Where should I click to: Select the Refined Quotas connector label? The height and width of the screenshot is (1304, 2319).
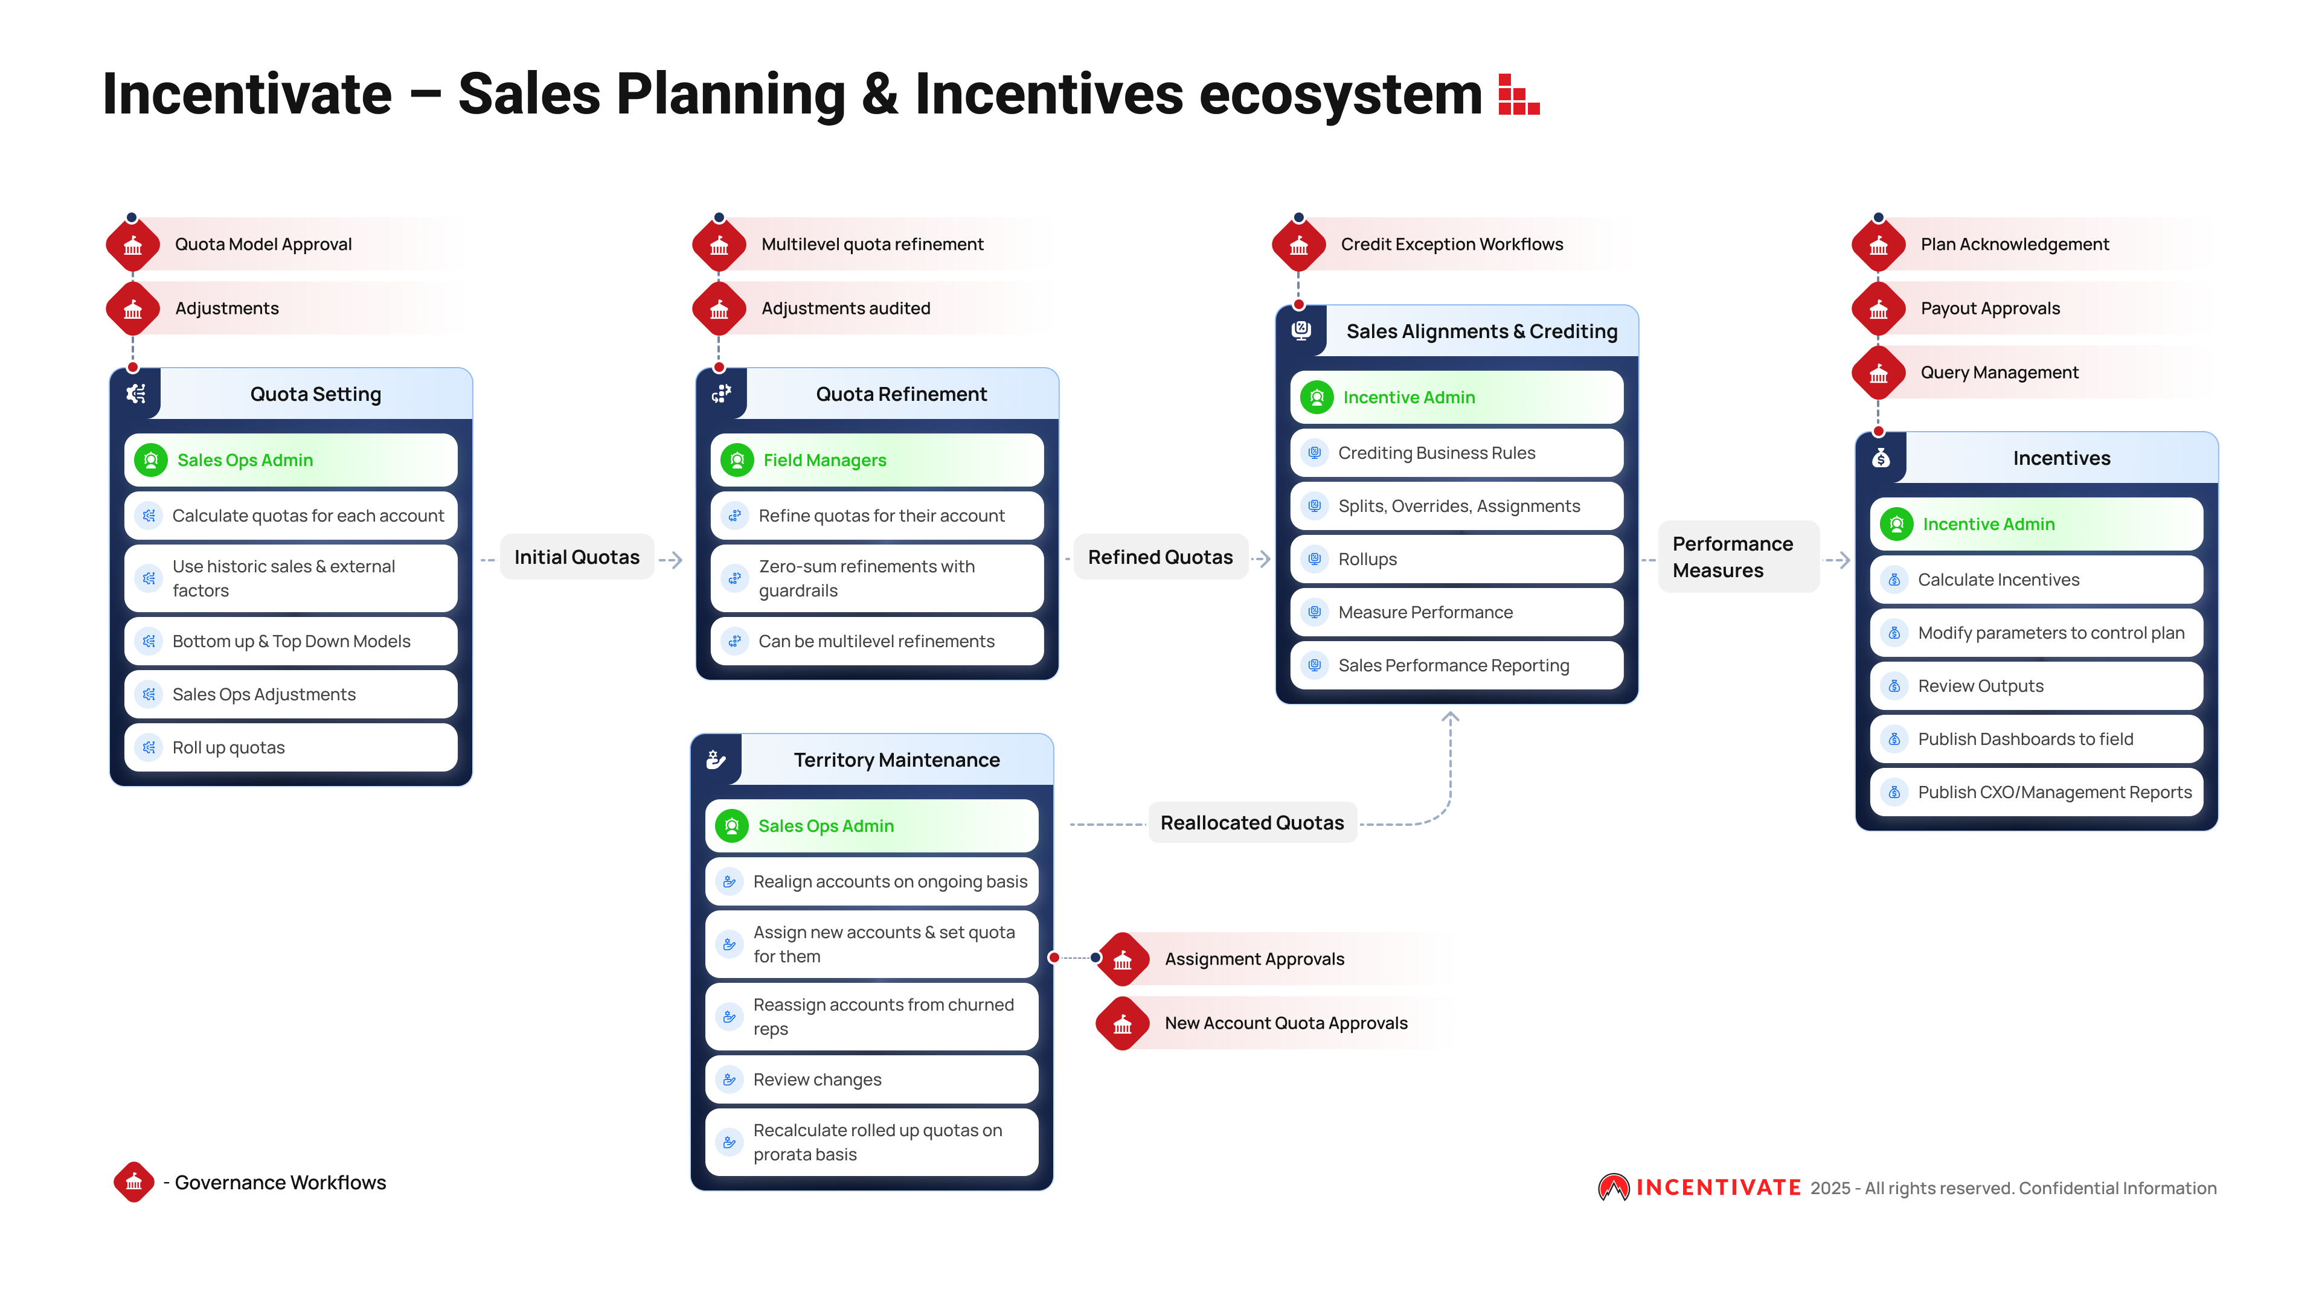(x=1159, y=557)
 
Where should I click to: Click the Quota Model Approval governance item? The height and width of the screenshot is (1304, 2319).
(x=263, y=244)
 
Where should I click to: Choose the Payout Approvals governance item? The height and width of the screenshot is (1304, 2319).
(x=1989, y=308)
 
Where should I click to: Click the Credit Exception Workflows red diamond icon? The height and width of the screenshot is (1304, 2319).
(x=1298, y=245)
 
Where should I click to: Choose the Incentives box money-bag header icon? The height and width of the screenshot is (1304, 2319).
(x=1881, y=458)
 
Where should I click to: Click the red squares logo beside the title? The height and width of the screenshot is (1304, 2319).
(x=1519, y=95)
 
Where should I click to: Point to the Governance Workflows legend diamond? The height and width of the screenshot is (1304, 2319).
(x=134, y=1181)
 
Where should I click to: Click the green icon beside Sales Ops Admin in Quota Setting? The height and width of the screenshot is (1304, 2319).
(x=151, y=460)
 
